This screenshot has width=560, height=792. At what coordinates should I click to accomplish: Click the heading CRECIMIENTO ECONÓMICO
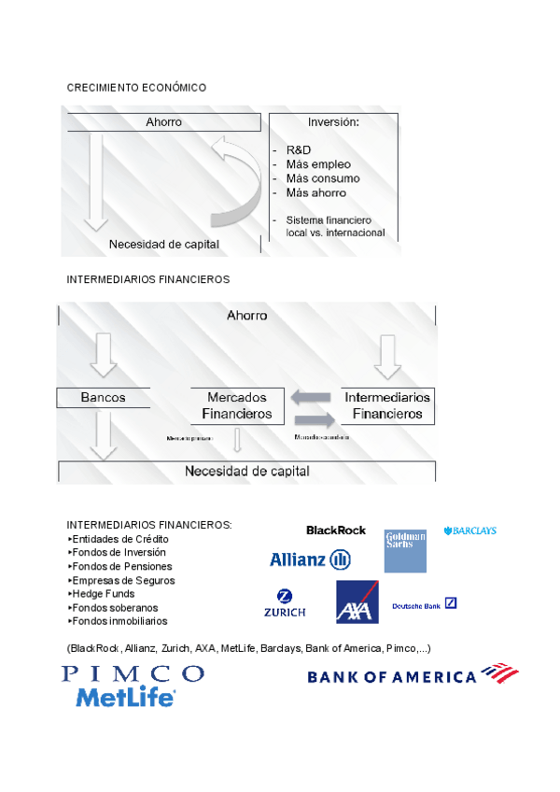(136, 88)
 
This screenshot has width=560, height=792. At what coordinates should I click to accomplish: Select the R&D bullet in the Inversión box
(299, 150)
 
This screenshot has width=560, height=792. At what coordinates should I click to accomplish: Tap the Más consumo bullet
(322, 178)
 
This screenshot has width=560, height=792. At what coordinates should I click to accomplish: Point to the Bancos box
(103, 397)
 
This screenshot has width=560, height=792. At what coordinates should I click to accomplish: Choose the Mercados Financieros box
(237, 405)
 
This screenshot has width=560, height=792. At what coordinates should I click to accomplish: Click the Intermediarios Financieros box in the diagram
(387, 405)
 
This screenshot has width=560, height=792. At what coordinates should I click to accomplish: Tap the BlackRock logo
(336, 530)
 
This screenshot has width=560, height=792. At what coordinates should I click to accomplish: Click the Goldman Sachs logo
(405, 551)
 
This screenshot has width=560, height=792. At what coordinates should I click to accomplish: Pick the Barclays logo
(470, 530)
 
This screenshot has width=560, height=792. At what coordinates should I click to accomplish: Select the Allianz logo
(310, 559)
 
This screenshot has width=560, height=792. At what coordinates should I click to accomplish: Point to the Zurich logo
(285, 603)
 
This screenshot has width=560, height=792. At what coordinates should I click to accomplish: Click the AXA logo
(357, 602)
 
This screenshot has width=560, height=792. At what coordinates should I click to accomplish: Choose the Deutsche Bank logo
(425, 604)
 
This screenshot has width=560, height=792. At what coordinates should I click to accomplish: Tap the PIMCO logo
(133, 673)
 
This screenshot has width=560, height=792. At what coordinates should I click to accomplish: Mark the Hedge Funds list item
(105, 593)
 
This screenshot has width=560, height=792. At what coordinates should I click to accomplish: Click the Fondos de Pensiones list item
(121, 566)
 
